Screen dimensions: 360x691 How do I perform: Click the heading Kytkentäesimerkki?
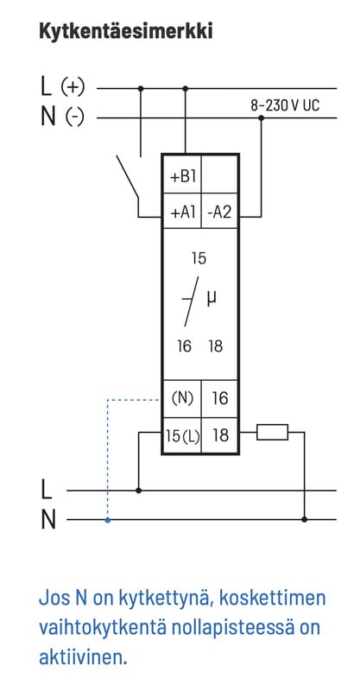[125, 31]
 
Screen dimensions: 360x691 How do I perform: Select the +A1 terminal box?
[182, 211]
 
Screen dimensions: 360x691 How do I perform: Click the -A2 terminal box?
[219, 211]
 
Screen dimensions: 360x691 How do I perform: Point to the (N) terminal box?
[182, 399]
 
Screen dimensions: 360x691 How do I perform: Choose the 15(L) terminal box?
[182, 435]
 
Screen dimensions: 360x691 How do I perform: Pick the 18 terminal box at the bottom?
[220, 435]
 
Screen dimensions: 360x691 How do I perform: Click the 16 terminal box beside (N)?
[220, 399]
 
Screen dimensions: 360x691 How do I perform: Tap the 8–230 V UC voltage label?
[285, 105]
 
